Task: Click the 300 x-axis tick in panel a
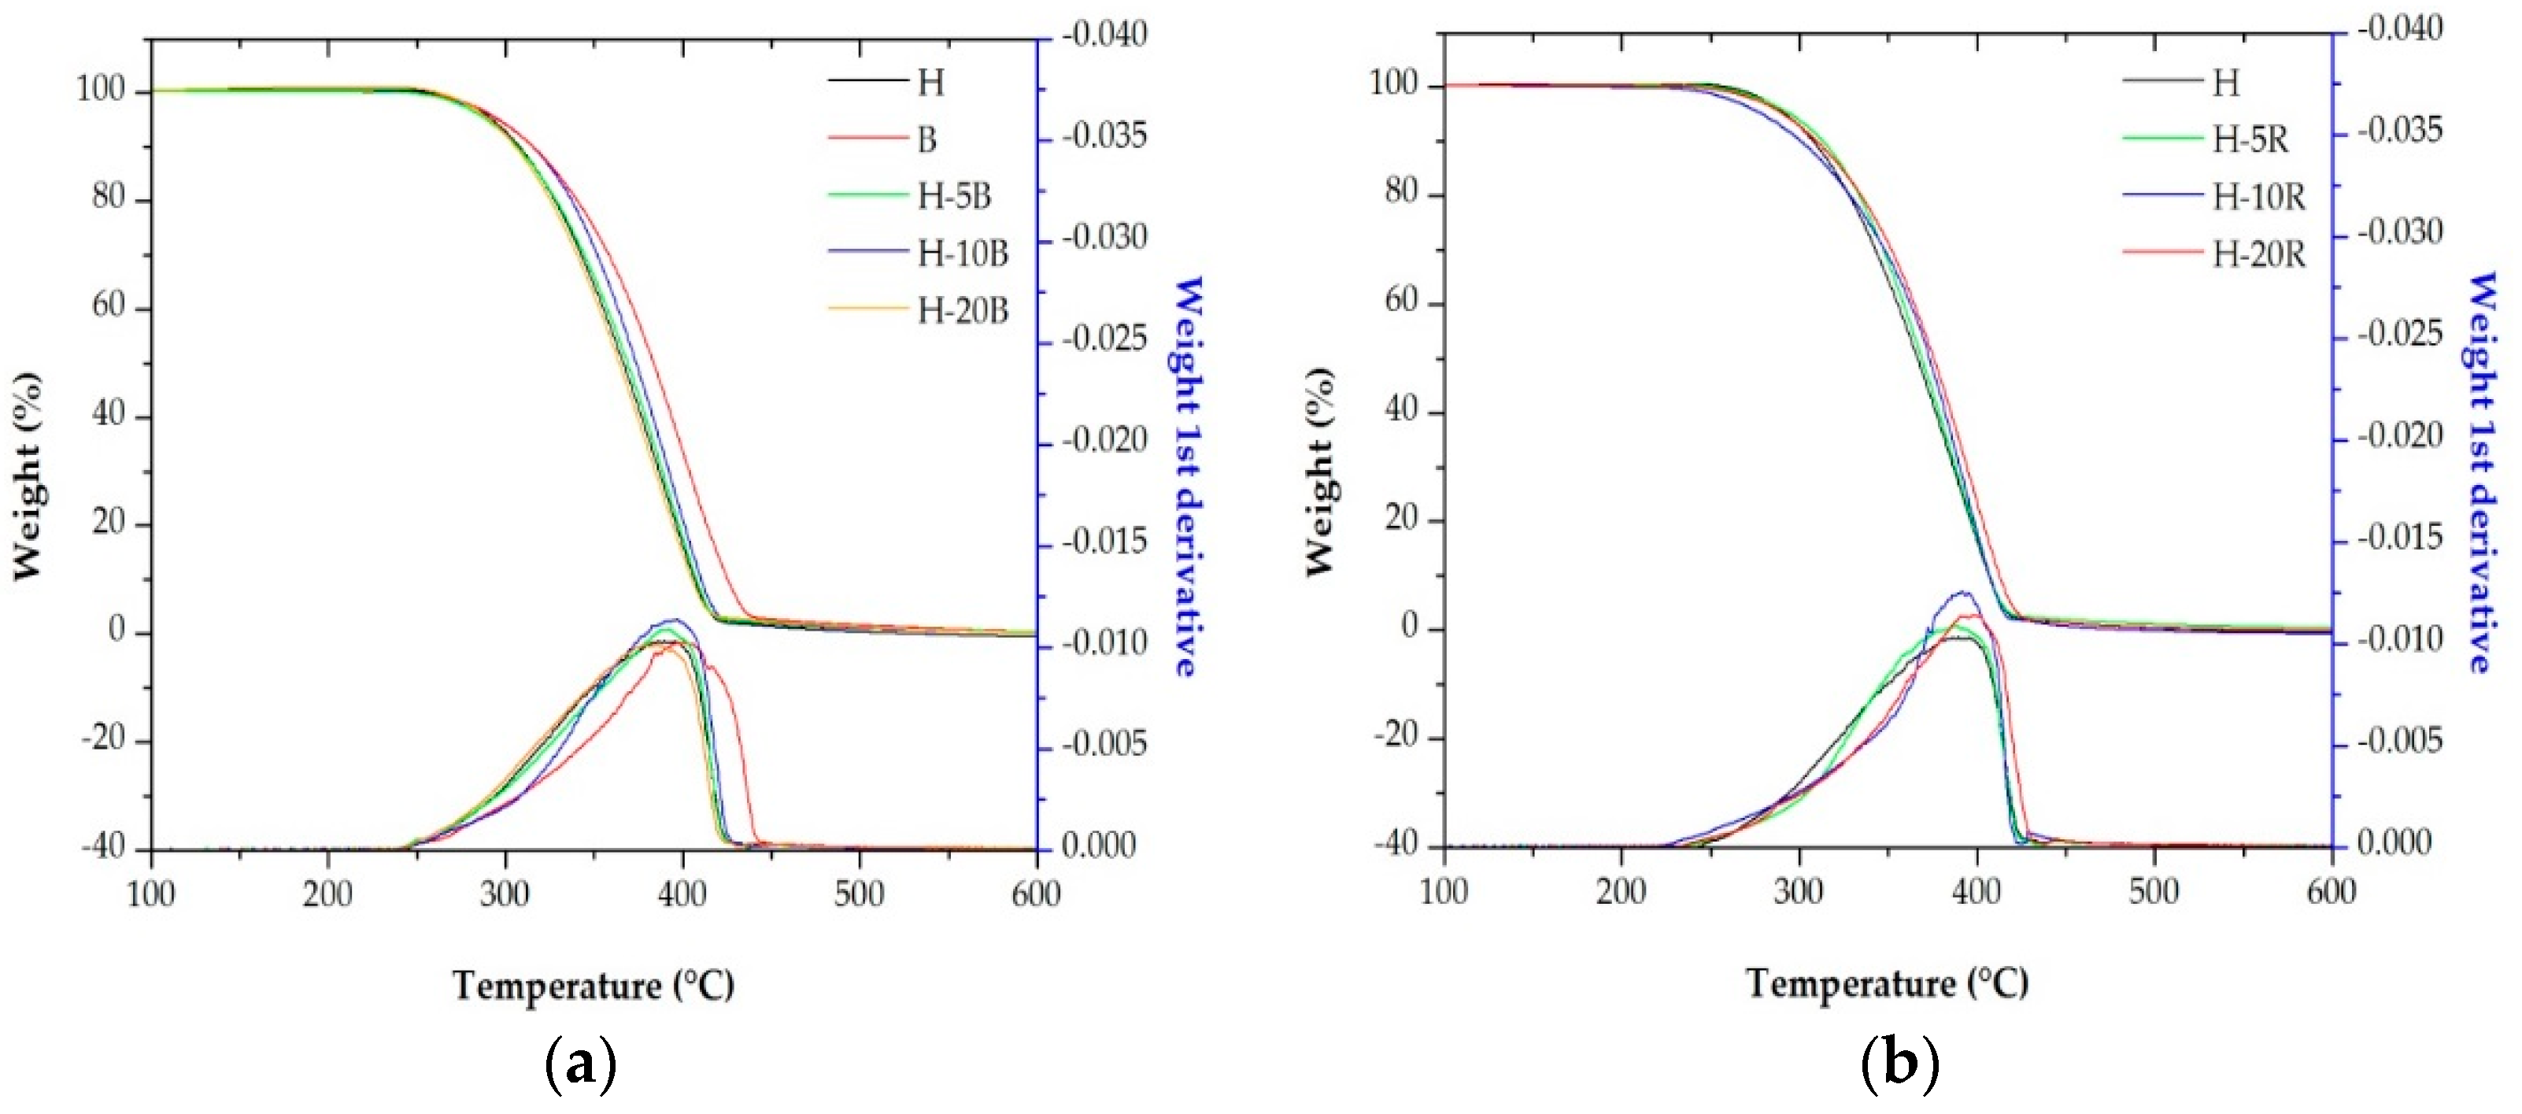pos(505,893)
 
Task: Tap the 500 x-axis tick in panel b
pos(2153,891)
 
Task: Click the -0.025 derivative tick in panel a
pos(1104,339)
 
